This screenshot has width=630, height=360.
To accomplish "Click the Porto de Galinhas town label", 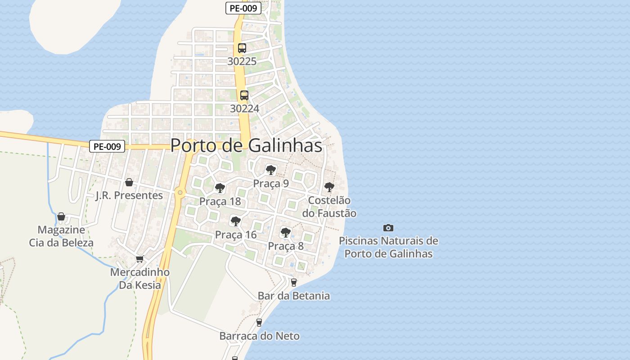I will point(246,145).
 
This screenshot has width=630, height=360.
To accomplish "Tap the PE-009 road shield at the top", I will point(243,8).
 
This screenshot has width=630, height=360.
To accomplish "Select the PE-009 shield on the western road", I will point(107,146).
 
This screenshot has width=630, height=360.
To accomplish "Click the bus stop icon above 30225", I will point(242,48).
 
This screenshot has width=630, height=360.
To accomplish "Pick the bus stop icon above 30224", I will point(244,95).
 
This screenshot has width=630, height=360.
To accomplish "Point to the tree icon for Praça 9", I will point(270,170).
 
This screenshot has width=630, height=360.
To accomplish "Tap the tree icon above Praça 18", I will point(220,188).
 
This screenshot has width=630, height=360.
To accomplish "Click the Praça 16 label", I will point(236,234).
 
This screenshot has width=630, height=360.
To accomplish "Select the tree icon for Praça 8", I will point(285,233).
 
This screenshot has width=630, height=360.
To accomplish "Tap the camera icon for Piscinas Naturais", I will point(388,228).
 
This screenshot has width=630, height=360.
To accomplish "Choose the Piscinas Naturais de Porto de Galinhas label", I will point(388,247).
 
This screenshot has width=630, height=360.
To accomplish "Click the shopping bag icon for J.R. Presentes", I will point(129,182).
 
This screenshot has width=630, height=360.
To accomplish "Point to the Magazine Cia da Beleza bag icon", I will point(61,217).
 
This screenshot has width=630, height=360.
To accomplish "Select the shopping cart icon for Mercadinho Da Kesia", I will point(139,259).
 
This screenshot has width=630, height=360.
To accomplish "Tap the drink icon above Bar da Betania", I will point(294,283).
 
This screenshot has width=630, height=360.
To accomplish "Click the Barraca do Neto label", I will point(259,336).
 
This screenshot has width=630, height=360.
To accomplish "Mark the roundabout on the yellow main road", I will point(180,193).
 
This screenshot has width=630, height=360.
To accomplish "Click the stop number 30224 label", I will point(244,108).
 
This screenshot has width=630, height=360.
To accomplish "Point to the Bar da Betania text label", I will point(294,296).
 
